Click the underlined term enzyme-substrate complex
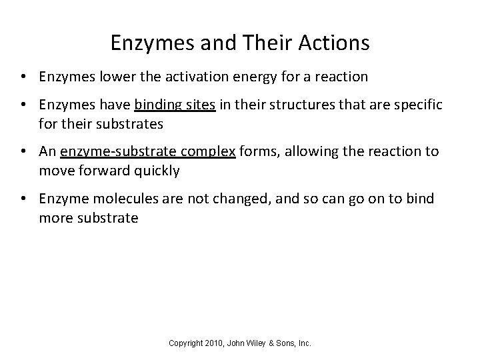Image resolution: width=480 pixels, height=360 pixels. pyautogui.click(x=147, y=151)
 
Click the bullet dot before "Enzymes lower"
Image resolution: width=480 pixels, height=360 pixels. pyautogui.click(x=23, y=77)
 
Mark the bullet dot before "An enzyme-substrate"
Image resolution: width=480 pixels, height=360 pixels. pyautogui.click(x=23, y=151)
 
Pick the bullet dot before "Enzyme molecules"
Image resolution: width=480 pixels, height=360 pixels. pyautogui.click(x=23, y=198)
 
